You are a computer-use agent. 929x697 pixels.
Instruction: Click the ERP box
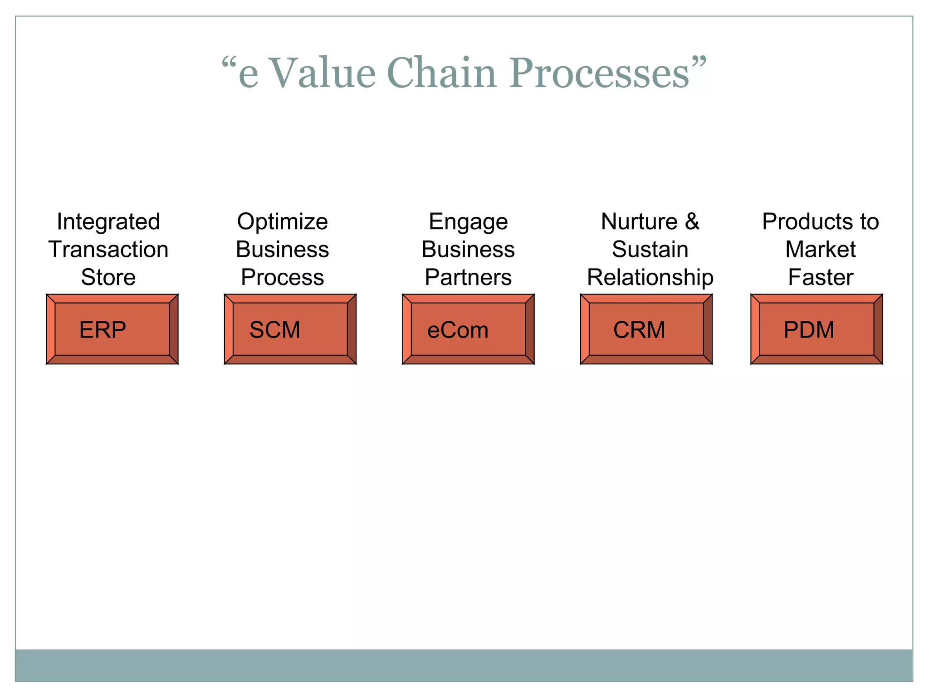[112, 329]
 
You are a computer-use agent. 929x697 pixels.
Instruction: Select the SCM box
[290, 329]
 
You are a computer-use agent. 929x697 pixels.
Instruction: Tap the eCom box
[468, 329]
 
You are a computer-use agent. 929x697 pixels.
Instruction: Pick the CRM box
[646, 329]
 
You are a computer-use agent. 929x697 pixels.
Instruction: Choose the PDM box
[817, 329]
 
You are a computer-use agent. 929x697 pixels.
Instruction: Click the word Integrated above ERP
[108, 222]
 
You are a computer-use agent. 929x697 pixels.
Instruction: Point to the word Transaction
[108, 250]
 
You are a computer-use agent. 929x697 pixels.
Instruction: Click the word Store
[108, 277]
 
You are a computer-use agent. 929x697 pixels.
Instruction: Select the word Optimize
[282, 222]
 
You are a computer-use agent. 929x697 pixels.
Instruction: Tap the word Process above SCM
[282, 277]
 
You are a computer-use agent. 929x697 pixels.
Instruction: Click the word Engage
[468, 222]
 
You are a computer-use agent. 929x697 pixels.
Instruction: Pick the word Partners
[468, 277]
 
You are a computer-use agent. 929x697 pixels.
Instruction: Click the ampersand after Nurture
[692, 221]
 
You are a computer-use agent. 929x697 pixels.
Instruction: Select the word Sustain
[650, 250]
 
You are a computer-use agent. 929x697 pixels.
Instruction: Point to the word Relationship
[650, 277]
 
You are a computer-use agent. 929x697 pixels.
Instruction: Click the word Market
[820, 250]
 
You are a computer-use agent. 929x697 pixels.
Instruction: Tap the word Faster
[820, 277]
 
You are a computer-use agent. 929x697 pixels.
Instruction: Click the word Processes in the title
[599, 73]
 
